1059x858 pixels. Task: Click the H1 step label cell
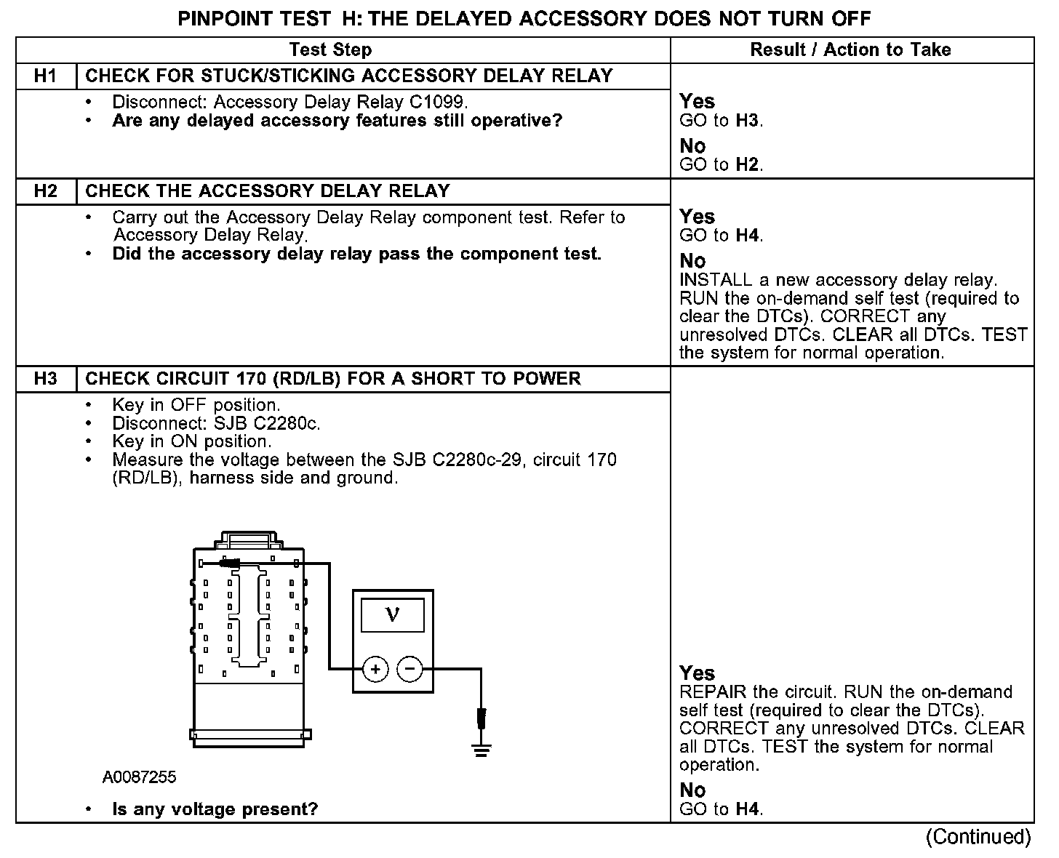[46, 76]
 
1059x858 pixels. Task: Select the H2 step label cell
[46, 191]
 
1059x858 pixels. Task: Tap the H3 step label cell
[46, 379]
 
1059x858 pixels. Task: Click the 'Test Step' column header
[330, 50]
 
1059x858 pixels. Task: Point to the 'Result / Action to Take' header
[850, 50]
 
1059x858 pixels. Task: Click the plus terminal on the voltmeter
[375, 669]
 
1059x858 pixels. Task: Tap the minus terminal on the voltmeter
[410, 669]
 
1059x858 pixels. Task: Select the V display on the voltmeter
[392, 615]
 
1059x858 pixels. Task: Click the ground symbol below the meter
[481, 749]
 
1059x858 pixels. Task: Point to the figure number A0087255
[139, 777]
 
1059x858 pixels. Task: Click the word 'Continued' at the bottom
[978, 837]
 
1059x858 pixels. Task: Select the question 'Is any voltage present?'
[215, 809]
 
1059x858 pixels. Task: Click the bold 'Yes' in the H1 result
[697, 102]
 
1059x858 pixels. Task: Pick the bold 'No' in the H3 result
[692, 790]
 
